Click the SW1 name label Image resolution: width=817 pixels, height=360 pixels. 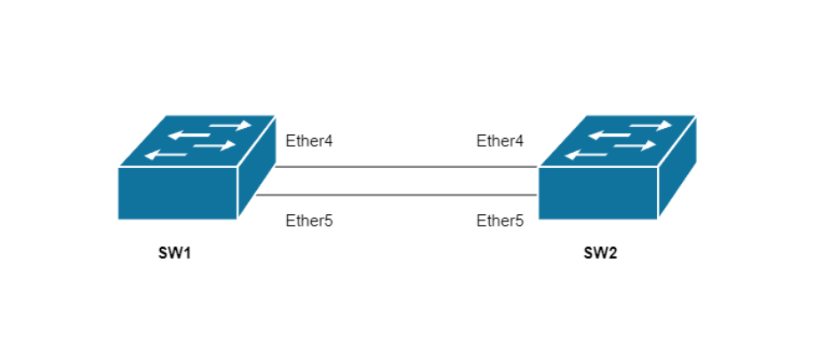click(175, 253)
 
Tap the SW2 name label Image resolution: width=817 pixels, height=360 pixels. click(600, 253)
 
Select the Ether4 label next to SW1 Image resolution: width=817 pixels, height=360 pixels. click(309, 140)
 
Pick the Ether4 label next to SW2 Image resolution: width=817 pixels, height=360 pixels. click(500, 140)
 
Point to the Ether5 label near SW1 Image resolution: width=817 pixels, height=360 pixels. click(309, 220)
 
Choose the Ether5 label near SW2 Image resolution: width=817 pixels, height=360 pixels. click(500, 220)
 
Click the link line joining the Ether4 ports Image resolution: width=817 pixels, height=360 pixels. click(404, 166)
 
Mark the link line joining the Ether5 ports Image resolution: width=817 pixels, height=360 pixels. click(396, 195)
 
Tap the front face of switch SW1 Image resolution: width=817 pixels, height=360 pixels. click(177, 192)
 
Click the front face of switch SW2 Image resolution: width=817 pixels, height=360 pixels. click(597, 192)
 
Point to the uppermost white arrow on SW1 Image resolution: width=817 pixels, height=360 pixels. click(229, 125)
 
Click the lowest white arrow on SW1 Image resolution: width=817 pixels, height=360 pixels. click(166, 156)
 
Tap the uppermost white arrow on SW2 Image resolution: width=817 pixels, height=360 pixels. click(650, 125)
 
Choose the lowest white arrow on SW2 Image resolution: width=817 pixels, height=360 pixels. click(587, 156)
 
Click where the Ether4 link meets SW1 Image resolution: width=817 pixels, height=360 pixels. click(276, 166)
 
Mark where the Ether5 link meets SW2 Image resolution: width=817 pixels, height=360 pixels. click(538, 195)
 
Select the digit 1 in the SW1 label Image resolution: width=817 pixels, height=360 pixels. click(188, 253)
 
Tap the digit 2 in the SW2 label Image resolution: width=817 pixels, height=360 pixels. click(613, 253)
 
